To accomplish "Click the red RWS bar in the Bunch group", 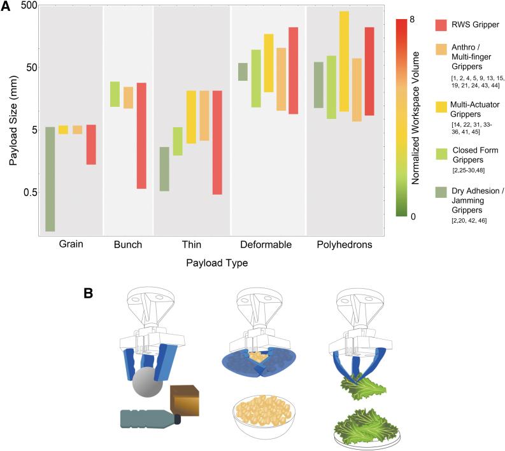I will (141, 135).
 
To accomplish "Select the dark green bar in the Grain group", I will (50, 179).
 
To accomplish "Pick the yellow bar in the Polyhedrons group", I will (344, 61).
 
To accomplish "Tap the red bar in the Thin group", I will (217, 142).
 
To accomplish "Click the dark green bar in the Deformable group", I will (243, 72).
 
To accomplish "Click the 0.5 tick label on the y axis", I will (23, 193).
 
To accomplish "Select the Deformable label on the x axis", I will (266, 245).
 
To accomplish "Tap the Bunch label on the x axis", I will (128, 245).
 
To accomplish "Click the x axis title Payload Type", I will (213, 262).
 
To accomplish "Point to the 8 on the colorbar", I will (413, 20).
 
